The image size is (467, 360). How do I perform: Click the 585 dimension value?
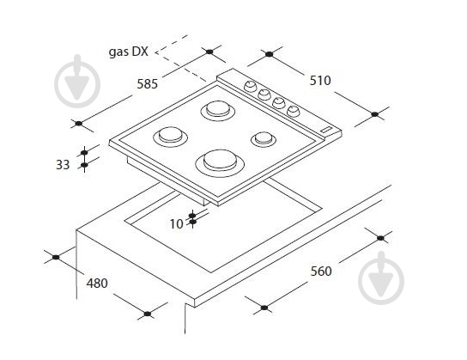(x=147, y=84)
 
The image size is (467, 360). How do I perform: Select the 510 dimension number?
(x=320, y=81)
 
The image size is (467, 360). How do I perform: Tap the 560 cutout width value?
(x=321, y=272)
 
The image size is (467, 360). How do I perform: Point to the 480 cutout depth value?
(x=97, y=284)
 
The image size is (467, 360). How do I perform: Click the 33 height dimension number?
(x=63, y=165)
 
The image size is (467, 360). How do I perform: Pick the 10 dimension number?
(x=177, y=224)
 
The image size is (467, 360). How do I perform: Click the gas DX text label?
(x=129, y=52)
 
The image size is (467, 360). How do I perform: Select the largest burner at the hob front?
(x=220, y=163)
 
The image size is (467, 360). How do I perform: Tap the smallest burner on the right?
(x=264, y=139)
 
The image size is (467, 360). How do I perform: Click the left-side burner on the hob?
(x=170, y=137)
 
